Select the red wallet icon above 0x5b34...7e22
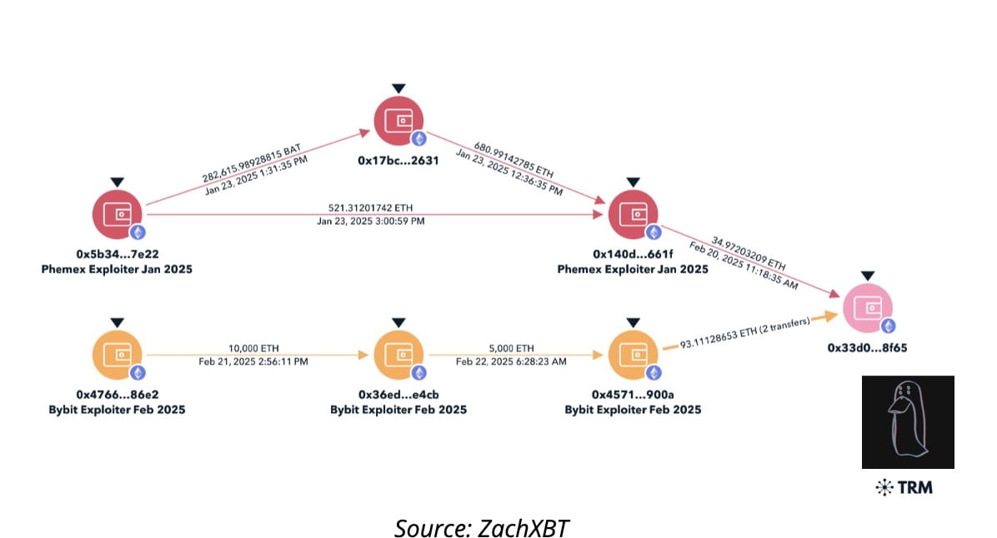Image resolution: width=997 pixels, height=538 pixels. pyautogui.click(x=118, y=214)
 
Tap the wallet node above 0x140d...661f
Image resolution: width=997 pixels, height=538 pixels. pyautogui.click(x=634, y=214)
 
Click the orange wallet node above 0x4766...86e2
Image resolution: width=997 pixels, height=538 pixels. pyautogui.click(x=118, y=354)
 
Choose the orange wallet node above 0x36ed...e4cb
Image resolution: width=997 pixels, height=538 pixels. pyautogui.click(x=398, y=354)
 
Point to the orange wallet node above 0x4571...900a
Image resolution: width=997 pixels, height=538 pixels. pyautogui.click(x=634, y=354)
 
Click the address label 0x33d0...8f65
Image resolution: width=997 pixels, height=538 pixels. pyautogui.click(x=867, y=348)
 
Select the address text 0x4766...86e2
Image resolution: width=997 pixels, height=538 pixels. pyautogui.click(x=117, y=394)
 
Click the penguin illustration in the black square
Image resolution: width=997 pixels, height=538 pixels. pyautogui.click(x=907, y=421)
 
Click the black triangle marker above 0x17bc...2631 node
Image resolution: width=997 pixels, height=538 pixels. pyautogui.click(x=398, y=88)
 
